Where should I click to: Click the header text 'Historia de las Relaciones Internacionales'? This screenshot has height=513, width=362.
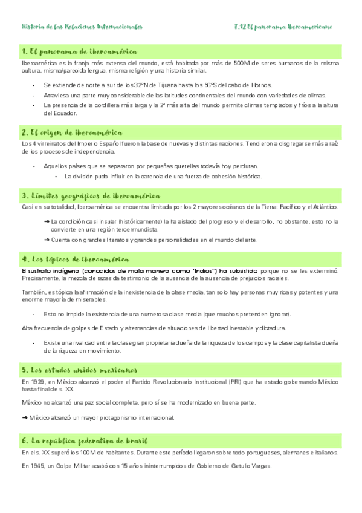click(x=82, y=27)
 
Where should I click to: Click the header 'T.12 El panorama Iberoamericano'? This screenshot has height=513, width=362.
click(x=283, y=27)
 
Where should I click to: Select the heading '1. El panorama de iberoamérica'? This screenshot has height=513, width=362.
click(x=79, y=51)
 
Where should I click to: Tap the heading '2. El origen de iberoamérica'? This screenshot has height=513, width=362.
click(x=72, y=132)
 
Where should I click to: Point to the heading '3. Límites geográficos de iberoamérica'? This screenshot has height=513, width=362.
click(x=91, y=196)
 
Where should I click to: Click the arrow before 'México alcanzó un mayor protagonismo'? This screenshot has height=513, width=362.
click(x=24, y=417)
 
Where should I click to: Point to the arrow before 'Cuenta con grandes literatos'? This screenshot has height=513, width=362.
click(x=47, y=240)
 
